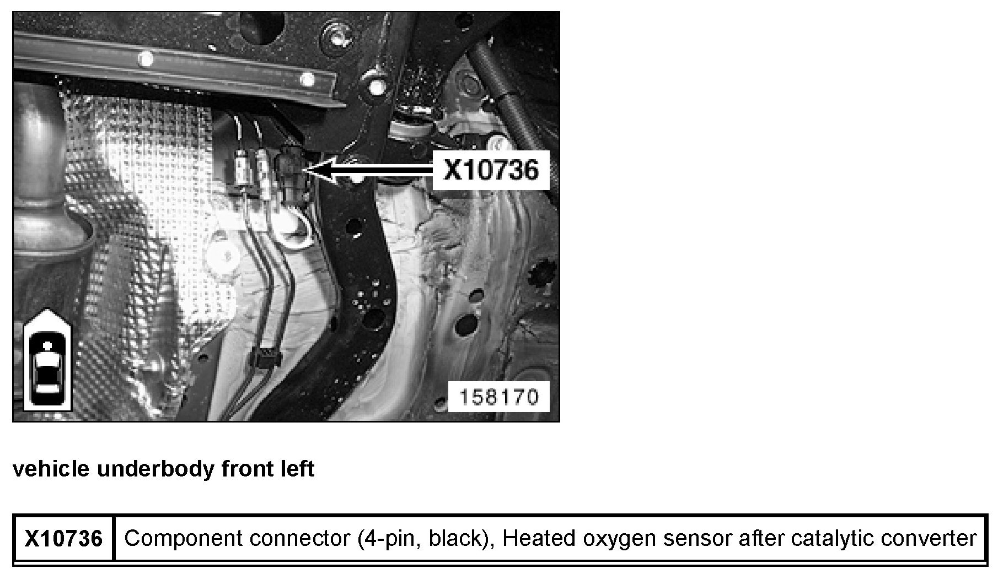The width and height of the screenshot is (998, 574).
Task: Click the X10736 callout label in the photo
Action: [x=491, y=170]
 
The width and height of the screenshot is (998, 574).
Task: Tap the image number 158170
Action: [x=498, y=397]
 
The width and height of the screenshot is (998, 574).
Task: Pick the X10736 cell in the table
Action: [x=64, y=538]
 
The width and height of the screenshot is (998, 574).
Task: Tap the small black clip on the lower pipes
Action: [x=266, y=358]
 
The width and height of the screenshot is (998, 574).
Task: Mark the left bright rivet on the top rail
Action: [x=146, y=57]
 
